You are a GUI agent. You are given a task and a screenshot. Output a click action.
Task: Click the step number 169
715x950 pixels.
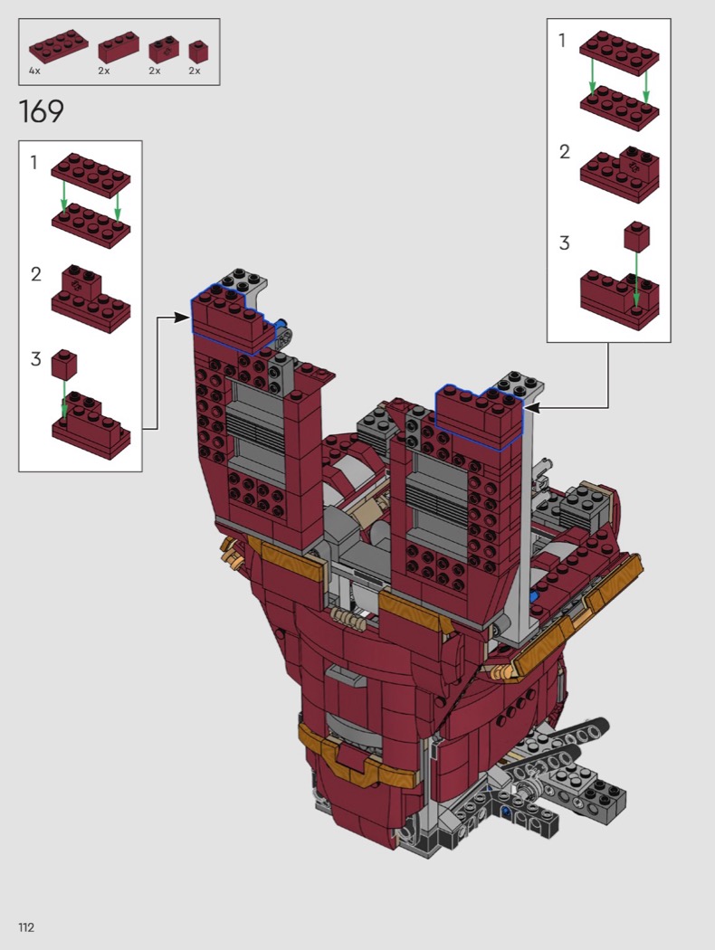point(41,112)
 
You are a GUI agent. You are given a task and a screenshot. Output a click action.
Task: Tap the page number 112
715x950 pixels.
point(25,927)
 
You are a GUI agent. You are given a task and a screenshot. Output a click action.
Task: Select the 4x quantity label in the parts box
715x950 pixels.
point(34,71)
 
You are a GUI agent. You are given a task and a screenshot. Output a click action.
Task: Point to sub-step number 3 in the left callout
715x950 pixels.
point(35,359)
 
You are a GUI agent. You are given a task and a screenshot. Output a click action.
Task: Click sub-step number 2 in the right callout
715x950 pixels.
point(564,151)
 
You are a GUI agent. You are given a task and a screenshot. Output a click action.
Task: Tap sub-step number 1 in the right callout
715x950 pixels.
point(562,41)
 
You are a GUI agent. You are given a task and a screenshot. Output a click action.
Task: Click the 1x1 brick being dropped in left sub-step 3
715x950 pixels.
point(63,365)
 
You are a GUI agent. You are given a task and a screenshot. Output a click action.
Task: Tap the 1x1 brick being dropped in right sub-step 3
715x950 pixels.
point(636,237)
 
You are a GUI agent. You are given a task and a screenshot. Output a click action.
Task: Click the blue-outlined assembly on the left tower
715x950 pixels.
point(232,317)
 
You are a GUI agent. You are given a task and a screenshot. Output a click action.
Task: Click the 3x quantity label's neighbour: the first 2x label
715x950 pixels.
point(105,71)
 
